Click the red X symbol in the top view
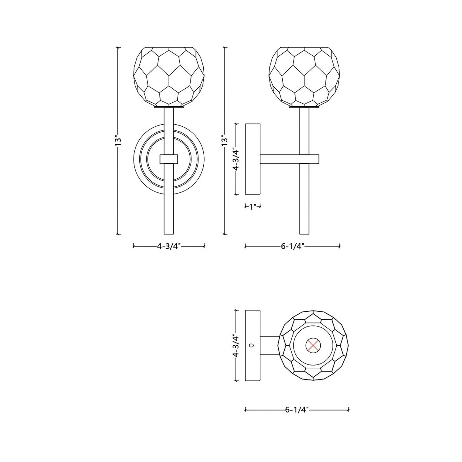click(x=314, y=345)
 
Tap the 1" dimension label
click(x=253, y=207)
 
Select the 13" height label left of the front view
click(x=118, y=141)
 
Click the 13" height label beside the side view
click(x=225, y=141)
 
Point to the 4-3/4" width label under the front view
click(x=168, y=246)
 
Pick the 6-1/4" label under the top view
click(x=296, y=409)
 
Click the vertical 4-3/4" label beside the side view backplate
click(x=236, y=159)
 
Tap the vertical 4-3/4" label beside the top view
click(x=236, y=345)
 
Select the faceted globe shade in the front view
click(x=168, y=76)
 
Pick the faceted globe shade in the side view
click(x=304, y=76)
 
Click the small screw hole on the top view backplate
click(x=253, y=345)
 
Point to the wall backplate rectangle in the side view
click(x=253, y=159)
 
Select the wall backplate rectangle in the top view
click(x=253, y=345)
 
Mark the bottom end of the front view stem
click(x=168, y=233)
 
